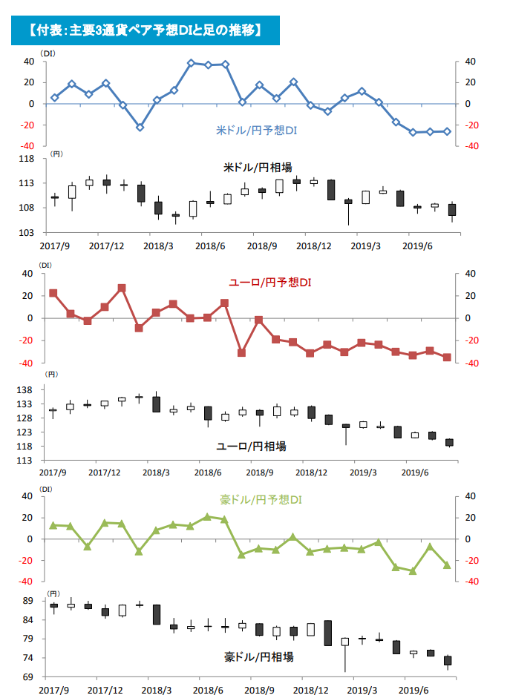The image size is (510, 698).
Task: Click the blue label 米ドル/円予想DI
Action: [256, 130]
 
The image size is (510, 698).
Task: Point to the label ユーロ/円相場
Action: [251, 446]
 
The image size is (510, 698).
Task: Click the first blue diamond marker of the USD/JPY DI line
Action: [54, 97]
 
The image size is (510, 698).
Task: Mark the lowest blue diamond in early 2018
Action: [140, 128]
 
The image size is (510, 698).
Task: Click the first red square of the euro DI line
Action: [53, 293]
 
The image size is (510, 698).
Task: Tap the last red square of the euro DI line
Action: [447, 358]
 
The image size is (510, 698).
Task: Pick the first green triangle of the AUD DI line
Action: [53, 525]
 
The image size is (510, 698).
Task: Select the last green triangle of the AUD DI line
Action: [447, 565]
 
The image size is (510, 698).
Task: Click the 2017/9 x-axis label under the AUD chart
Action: [54, 690]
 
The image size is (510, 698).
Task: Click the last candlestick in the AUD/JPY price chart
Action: [448, 659]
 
